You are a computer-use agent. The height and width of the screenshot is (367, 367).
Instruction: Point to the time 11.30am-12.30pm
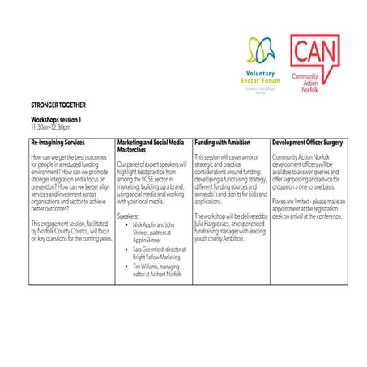tap(49, 127)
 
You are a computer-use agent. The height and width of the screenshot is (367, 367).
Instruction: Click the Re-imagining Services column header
tap(58, 142)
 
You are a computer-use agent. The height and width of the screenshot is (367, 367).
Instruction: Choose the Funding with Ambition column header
tap(223, 142)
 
